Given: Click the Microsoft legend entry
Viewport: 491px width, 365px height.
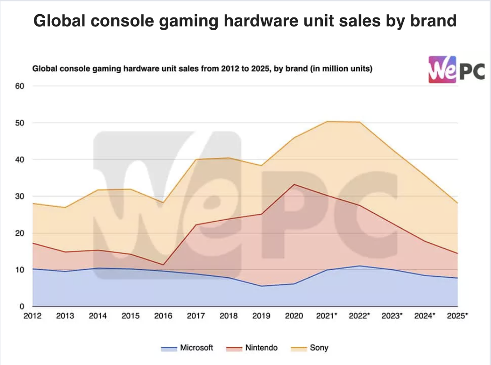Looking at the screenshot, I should (x=187, y=348).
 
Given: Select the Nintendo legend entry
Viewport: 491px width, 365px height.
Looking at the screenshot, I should (x=252, y=348).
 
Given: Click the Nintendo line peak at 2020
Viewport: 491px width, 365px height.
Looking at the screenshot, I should (x=294, y=184).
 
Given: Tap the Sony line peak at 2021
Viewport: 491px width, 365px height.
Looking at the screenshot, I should (x=327, y=122).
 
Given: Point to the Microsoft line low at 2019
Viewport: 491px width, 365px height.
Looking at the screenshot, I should (x=261, y=286).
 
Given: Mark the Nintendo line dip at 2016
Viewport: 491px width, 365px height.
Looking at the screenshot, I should (x=163, y=265).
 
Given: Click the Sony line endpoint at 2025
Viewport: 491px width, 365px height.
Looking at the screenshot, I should (x=458, y=203).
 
